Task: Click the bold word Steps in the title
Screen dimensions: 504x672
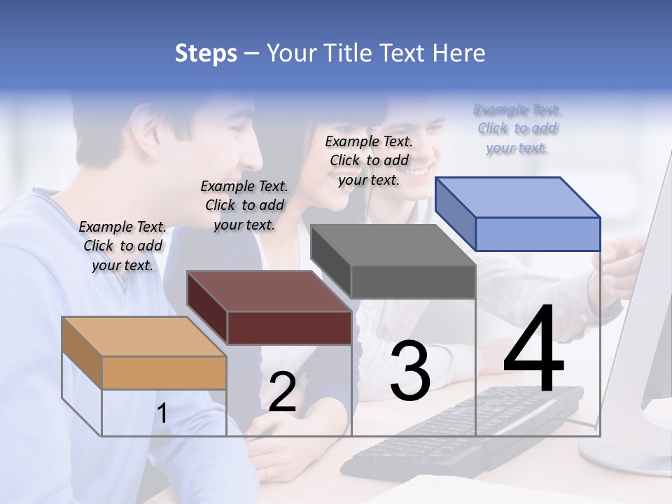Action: pyautogui.click(x=206, y=53)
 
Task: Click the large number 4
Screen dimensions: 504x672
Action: pyautogui.click(x=533, y=350)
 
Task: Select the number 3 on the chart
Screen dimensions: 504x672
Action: pyautogui.click(x=410, y=371)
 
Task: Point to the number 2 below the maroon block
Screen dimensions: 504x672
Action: pyautogui.click(x=282, y=392)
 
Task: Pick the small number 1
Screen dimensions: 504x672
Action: pyautogui.click(x=162, y=414)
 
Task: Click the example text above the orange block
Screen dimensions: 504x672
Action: pyautogui.click(x=122, y=246)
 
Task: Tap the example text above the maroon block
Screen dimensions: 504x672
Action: pyautogui.click(x=244, y=205)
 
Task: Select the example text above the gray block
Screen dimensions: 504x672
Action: pyautogui.click(x=369, y=160)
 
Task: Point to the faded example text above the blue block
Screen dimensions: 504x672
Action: pyautogui.click(x=517, y=128)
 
